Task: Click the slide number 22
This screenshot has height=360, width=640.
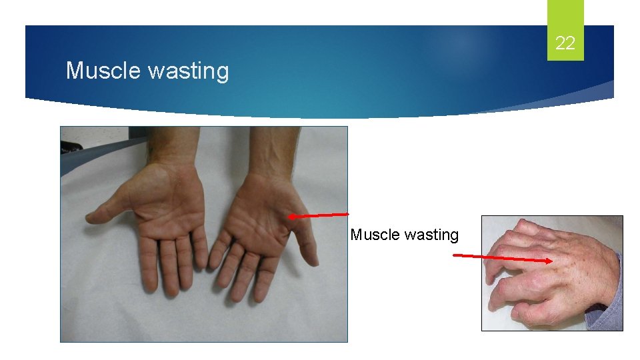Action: tap(565, 44)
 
